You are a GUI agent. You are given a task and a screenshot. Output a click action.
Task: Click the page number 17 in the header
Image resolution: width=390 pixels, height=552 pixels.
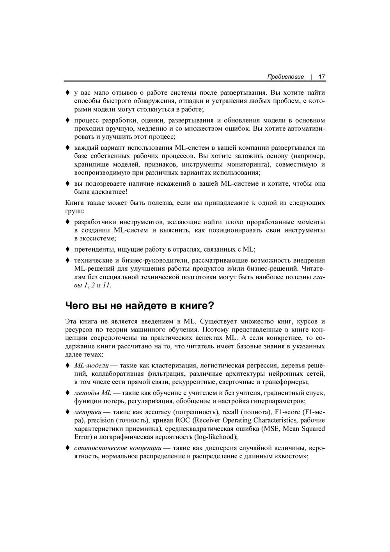click(322, 77)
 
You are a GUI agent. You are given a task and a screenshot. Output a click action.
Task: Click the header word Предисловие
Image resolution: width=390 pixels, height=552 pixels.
click(285, 77)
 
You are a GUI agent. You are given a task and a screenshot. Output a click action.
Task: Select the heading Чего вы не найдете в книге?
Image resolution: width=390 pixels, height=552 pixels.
click(140, 305)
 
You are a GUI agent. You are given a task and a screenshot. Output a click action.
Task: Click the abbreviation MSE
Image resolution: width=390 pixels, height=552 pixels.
click(268, 428)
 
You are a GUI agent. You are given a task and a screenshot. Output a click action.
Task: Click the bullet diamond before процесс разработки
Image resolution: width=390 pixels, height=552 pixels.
click(67, 120)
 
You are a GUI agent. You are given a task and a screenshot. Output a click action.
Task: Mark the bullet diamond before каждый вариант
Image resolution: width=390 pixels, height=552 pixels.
click(67, 148)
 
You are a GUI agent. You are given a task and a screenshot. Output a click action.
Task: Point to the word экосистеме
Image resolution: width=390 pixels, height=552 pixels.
click(97, 238)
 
